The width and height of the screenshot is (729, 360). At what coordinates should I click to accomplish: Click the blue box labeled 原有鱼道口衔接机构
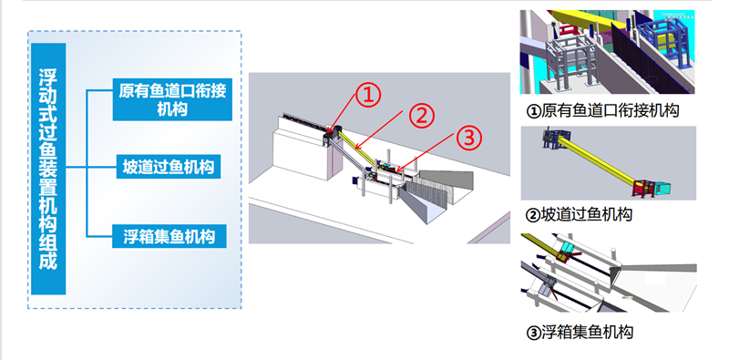(172, 99)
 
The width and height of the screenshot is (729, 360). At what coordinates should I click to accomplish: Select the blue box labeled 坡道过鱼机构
(169, 167)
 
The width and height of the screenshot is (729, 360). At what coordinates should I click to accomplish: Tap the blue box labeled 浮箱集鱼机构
(169, 236)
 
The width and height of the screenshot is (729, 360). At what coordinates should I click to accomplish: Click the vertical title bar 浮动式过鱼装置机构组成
(48, 169)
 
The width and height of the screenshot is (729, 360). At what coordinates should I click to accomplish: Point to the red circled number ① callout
(368, 95)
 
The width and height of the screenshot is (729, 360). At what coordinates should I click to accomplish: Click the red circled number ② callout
(421, 117)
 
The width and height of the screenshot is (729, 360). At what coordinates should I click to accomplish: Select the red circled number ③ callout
(469, 138)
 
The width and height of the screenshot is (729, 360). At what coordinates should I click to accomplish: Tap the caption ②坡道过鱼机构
(579, 214)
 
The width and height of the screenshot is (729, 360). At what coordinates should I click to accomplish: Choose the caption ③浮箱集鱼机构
(580, 333)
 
